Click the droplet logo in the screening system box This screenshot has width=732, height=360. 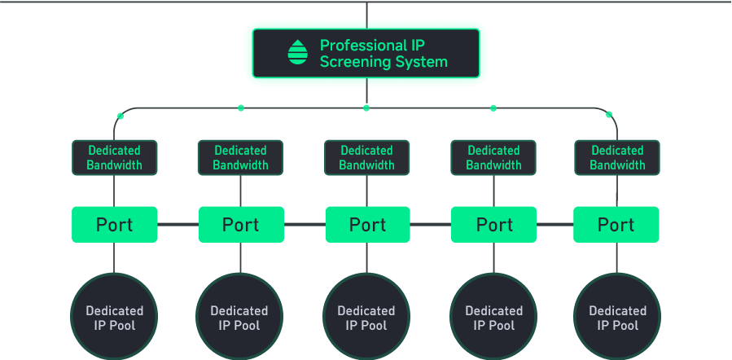(x=298, y=53)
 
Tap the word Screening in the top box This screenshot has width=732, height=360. (x=354, y=62)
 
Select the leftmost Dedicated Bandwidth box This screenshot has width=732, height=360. (x=114, y=157)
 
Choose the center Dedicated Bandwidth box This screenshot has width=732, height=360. (x=366, y=157)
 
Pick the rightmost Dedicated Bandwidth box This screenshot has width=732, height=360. (x=617, y=157)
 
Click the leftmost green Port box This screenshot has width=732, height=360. (x=114, y=225)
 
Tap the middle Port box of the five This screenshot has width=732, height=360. (x=366, y=225)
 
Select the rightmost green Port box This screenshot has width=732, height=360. (x=616, y=225)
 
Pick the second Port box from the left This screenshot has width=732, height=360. (x=241, y=225)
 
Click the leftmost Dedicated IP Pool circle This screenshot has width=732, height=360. (x=114, y=318)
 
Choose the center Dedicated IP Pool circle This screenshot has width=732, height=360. (x=366, y=318)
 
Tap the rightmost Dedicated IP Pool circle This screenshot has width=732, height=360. (x=617, y=318)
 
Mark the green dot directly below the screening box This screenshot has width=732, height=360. (x=366, y=108)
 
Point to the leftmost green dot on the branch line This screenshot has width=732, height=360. (x=120, y=116)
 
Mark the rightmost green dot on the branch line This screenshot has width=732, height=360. (x=609, y=115)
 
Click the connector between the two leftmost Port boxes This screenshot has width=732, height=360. (x=178, y=225)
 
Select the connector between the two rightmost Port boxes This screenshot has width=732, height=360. (x=555, y=225)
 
